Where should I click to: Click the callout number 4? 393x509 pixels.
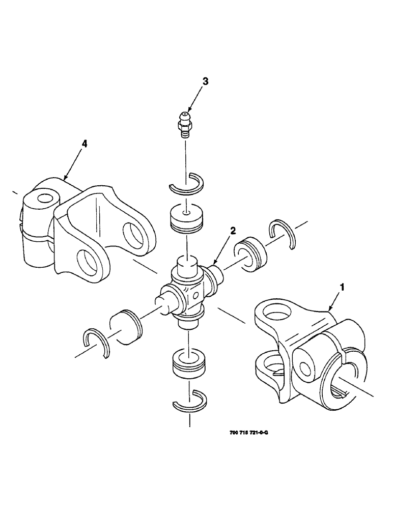tap(85, 144)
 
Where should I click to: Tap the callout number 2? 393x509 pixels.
tap(233, 231)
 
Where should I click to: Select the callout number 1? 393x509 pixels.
tap(342, 287)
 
